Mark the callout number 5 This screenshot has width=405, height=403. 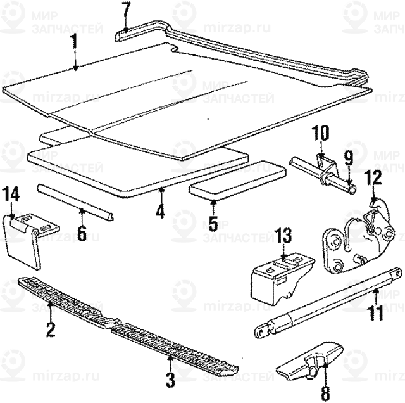click(x=213, y=223)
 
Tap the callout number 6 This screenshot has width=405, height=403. click(x=82, y=233)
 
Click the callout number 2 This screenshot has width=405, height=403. click(x=50, y=329)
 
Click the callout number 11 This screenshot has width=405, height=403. click(x=376, y=313)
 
